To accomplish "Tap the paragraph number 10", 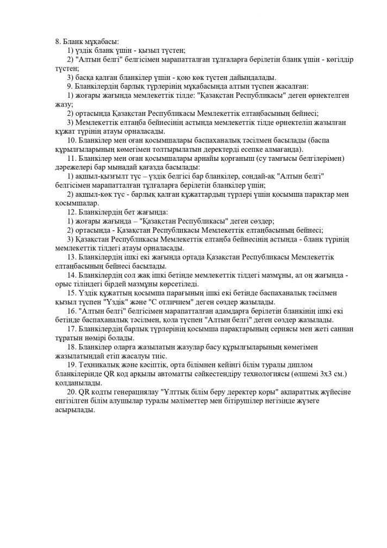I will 71,139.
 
